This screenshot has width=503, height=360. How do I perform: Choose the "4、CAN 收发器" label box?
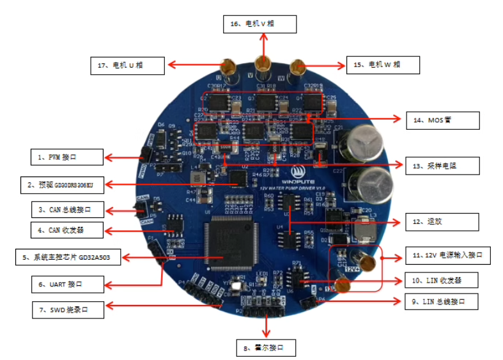(x=67, y=229)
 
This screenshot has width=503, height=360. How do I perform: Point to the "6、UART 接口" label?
(x=67, y=283)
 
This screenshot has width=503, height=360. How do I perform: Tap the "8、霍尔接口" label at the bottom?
(x=267, y=348)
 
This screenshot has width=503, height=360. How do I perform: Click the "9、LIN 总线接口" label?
(x=445, y=301)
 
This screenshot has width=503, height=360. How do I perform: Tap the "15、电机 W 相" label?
(x=383, y=65)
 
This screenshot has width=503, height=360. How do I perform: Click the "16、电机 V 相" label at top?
(x=259, y=24)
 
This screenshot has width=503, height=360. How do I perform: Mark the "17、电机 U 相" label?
(x=127, y=65)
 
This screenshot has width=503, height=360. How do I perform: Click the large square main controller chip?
(x=228, y=242)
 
